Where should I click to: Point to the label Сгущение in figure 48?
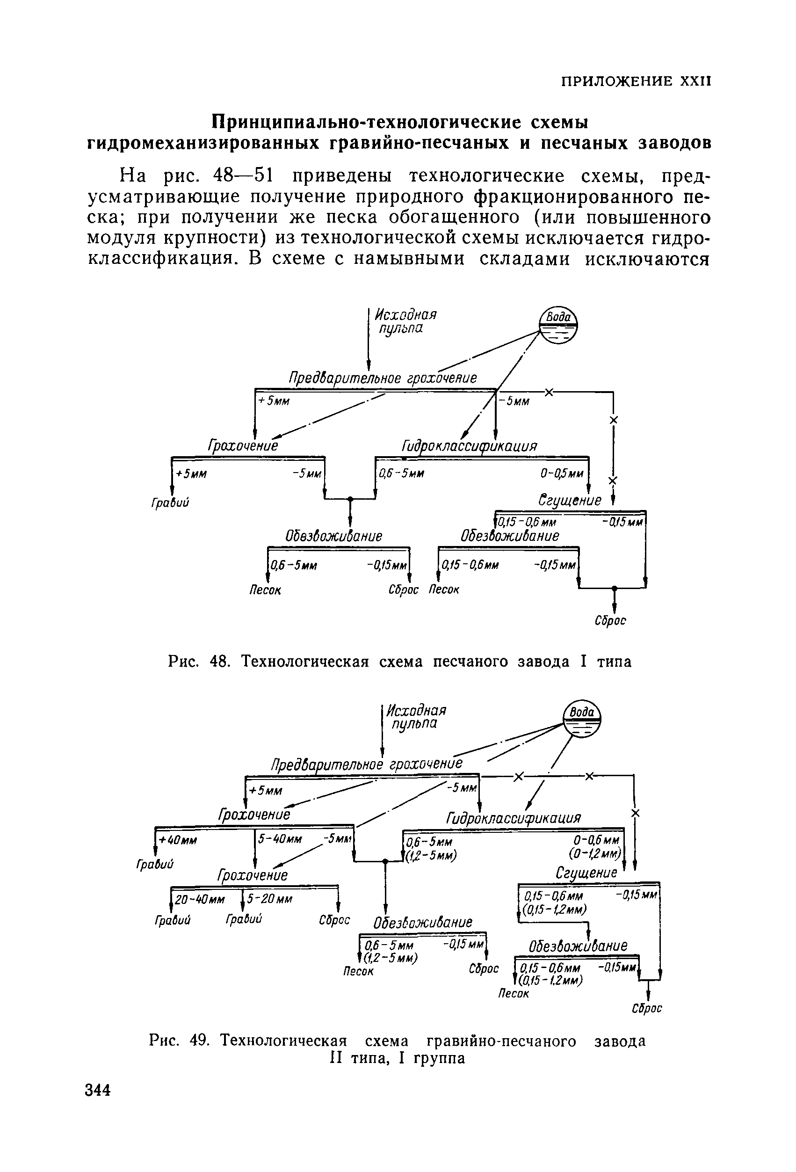pyautogui.click(x=570, y=500)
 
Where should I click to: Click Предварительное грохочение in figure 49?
pyautogui.click(x=367, y=764)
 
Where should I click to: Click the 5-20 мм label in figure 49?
pyautogui.click(x=270, y=899)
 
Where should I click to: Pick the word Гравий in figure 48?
pyautogui.click(x=170, y=503)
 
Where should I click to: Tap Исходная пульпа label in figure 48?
pyautogui.click(x=405, y=321)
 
